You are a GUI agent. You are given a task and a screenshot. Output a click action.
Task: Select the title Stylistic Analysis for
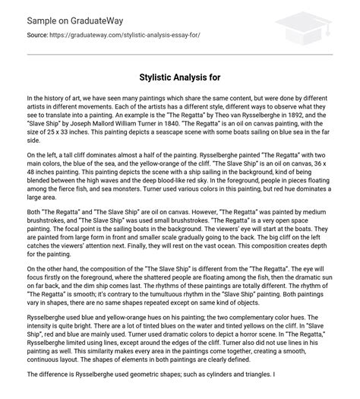(179, 77)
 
